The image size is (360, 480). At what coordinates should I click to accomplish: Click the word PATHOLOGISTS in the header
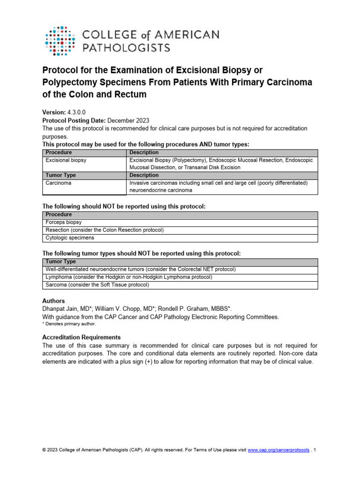tap(126, 47)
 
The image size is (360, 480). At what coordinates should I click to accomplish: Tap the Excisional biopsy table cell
tap(66, 160)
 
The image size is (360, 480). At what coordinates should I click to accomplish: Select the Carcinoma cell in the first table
tap(59, 183)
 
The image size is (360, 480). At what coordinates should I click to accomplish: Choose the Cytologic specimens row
tap(70, 238)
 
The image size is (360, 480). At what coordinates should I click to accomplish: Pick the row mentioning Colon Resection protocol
tap(104, 230)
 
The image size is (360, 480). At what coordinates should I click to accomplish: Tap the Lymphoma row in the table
tap(128, 277)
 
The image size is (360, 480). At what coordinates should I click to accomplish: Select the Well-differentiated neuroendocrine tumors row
tap(140, 270)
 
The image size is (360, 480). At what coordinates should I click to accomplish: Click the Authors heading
tap(53, 301)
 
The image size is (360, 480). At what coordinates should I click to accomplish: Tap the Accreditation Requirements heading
tap(81, 337)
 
